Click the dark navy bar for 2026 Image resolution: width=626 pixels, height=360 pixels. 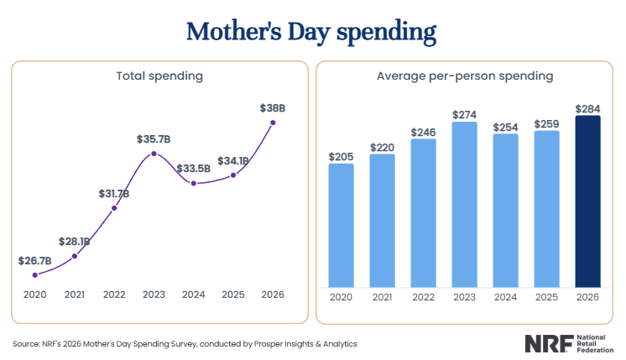tap(587, 201)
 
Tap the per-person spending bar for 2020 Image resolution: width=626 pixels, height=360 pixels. tap(341, 225)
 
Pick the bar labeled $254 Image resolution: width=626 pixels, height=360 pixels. tap(505, 210)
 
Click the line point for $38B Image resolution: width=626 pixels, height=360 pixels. tap(273, 123)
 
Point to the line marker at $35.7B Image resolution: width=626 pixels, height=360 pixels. tap(154, 154)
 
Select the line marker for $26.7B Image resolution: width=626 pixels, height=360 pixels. tap(35, 274)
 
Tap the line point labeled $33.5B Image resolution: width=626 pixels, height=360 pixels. tap(194, 183)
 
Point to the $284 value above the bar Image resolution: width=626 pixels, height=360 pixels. tap(587, 108)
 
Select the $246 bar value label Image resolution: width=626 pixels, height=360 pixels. tap(423, 132)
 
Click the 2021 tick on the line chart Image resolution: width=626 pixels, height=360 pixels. tap(75, 295)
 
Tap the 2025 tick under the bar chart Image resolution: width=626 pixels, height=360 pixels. tap(546, 297)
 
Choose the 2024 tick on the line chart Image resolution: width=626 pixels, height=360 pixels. tap(194, 295)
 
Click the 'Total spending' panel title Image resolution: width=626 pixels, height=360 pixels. tap(159, 76)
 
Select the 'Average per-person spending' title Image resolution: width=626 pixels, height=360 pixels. tap(464, 76)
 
